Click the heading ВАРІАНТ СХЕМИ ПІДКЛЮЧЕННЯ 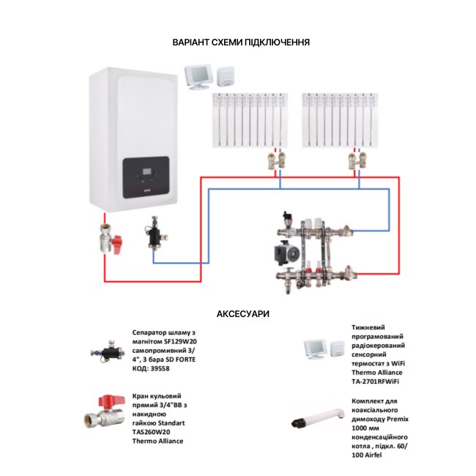(x=241, y=42)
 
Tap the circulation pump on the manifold (x=282, y=253)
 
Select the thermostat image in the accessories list (x=317, y=350)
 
